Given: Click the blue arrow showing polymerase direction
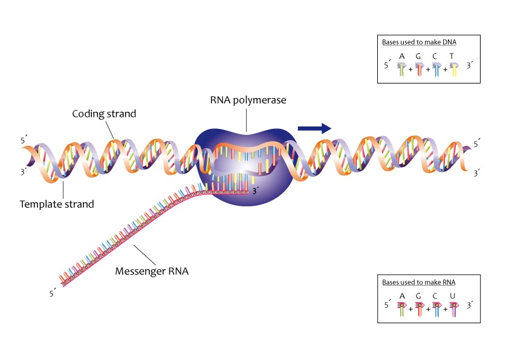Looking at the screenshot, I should (314, 127).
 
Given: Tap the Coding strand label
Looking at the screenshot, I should (104, 114).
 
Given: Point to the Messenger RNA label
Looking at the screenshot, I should (152, 271).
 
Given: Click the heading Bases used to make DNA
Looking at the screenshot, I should (419, 42).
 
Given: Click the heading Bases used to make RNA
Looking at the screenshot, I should (418, 283).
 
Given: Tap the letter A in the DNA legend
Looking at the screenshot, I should (402, 56).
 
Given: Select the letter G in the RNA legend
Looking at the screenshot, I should (419, 296).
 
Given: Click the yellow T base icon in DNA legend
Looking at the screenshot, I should (453, 70).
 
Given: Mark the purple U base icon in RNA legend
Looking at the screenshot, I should (453, 310).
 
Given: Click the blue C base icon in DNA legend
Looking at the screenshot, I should (436, 70).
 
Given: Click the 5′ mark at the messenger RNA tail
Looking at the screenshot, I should (53, 294).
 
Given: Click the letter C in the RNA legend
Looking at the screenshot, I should (435, 296).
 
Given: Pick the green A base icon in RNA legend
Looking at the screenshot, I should (402, 310).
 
